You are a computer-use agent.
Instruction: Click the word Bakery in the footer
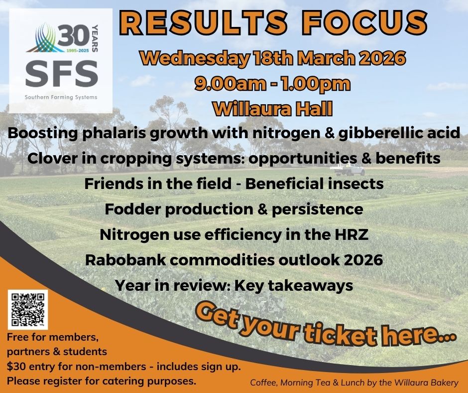[x=441, y=383]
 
